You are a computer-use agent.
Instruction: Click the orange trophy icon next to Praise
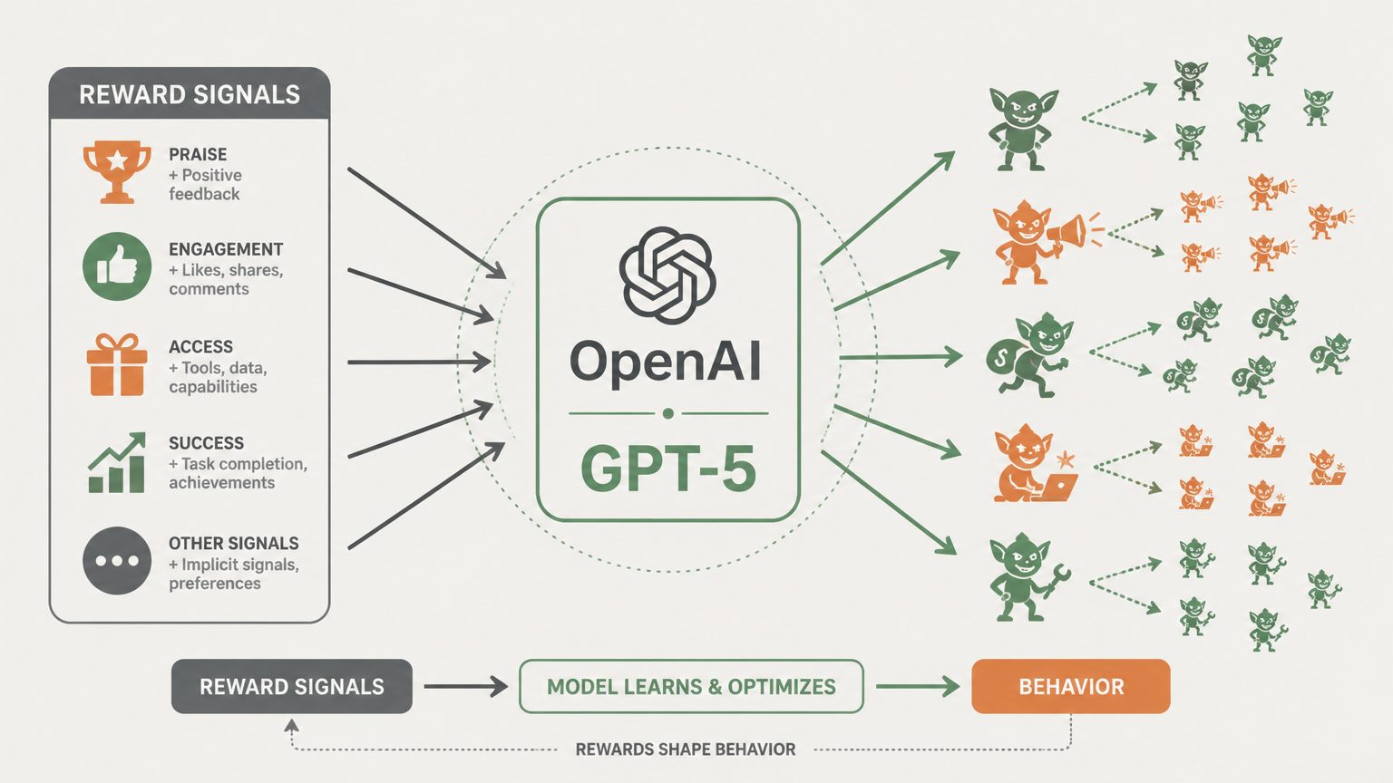coord(117,172)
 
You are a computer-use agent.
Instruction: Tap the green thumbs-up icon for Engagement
coord(117,266)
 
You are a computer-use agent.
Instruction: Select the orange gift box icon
coord(117,365)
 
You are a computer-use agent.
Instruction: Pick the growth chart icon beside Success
coord(117,463)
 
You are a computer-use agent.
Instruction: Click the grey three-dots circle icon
coord(117,561)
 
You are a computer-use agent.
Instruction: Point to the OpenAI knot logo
coord(667,275)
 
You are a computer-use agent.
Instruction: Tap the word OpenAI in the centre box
coord(666,362)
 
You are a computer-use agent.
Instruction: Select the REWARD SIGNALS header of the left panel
coord(190,94)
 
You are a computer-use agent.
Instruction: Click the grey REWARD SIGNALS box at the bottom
coord(292,686)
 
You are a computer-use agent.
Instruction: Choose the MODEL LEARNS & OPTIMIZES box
coord(691,686)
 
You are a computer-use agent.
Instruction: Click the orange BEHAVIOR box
coord(1071,686)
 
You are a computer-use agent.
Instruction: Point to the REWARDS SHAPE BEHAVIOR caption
coord(686,749)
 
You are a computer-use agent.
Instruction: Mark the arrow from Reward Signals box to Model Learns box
coord(466,687)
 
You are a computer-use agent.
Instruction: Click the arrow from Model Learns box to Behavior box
coord(918,687)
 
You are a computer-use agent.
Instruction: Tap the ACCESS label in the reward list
coord(200,347)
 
